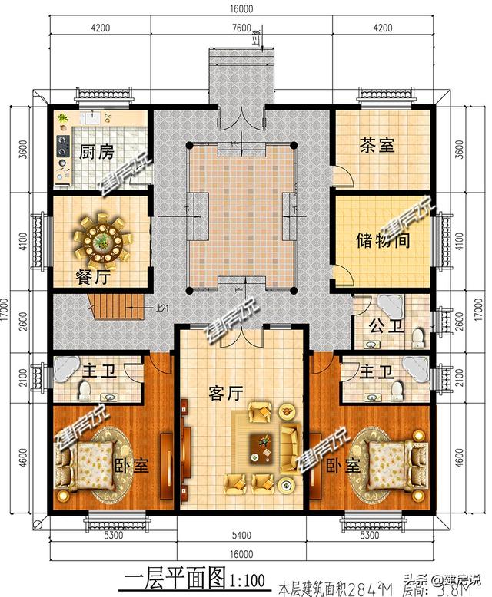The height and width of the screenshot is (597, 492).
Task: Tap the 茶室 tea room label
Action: [377, 145]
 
